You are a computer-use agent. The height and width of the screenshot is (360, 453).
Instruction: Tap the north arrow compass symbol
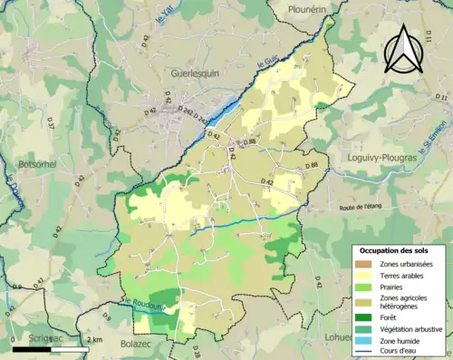click(401, 50)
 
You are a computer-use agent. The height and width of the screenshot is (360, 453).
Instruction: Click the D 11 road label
click(441, 96)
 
